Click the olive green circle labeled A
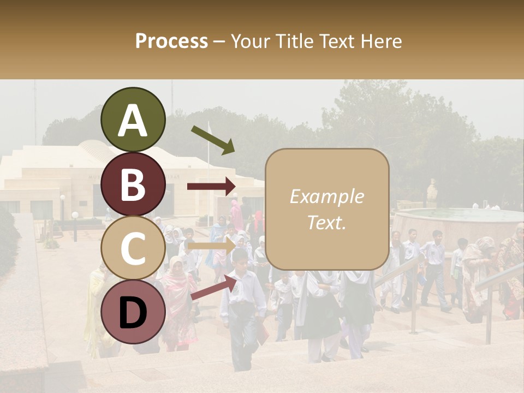[x=133, y=120]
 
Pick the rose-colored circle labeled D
[x=133, y=312]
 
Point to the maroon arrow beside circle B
[x=211, y=187]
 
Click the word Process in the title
[x=171, y=41]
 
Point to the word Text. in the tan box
[x=326, y=222]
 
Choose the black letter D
[x=133, y=313]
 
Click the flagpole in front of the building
[x=208, y=164]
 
